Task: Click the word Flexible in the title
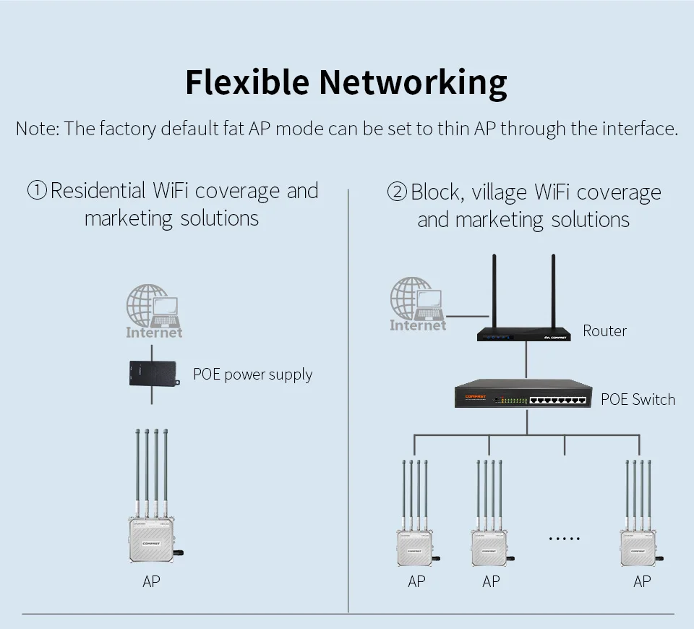[x=247, y=82]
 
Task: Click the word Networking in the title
[x=413, y=84]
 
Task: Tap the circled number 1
[x=37, y=190]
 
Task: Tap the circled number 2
[x=397, y=192]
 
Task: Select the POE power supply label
[x=253, y=375]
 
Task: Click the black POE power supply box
[x=154, y=373]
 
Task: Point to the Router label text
[x=604, y=330]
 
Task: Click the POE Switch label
[x=638, y=399]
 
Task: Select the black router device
[x=523, y=334]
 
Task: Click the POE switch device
[x=523, y=393]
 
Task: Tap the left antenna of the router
[x=494, y=291]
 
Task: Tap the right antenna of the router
[x=553, y=291]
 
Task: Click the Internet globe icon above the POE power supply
[x=153, y=311]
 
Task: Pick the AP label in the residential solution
[x=151, y=581]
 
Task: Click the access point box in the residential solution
[x=151, y=540]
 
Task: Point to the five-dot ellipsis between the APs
[x=565, y=539]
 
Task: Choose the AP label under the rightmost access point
[x=642, y=581]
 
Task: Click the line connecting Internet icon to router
[x=468, y=317]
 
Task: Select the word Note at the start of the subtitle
[x=37, y=129]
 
